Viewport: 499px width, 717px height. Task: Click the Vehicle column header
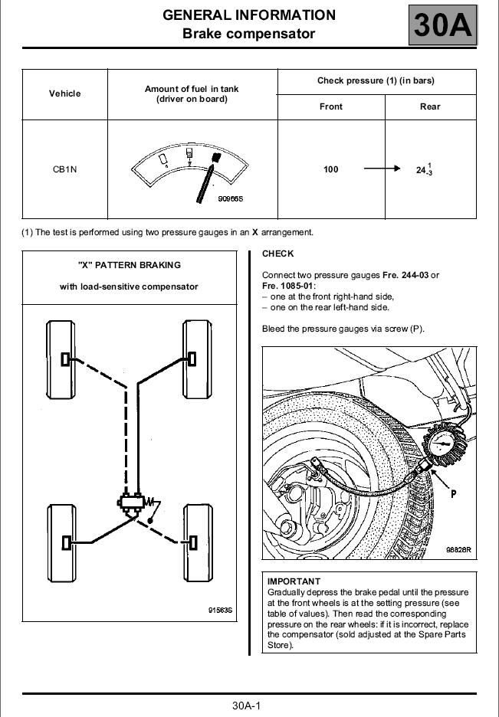point(65,93)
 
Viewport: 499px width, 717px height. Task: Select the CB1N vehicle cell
point(65,169)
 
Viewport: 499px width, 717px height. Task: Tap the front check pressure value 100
point(330,169)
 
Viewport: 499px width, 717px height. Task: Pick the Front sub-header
point(330,106)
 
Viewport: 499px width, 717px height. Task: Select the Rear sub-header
point(430,106)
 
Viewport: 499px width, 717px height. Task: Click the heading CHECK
point(277,254)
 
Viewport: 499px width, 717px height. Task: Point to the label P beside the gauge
point(454,494)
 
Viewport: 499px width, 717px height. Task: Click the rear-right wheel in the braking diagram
point(194,542)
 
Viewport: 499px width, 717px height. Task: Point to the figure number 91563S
point(220,611)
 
